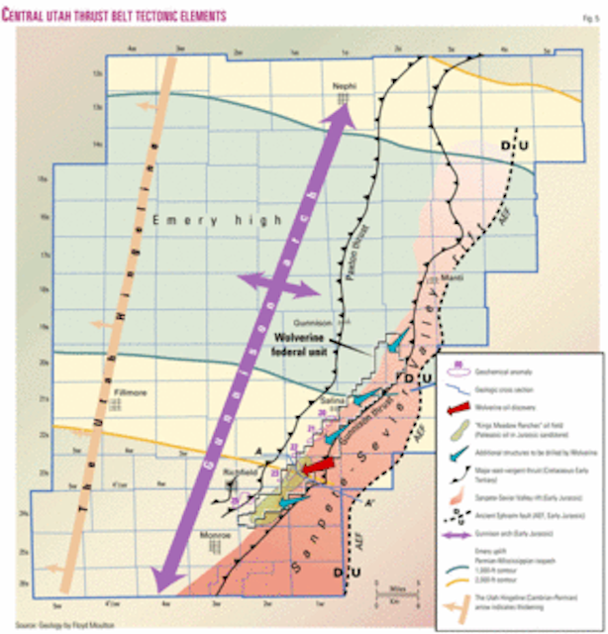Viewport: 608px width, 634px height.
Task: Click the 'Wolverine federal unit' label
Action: (303, 342)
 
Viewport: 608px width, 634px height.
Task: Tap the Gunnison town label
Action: (332, 323)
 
